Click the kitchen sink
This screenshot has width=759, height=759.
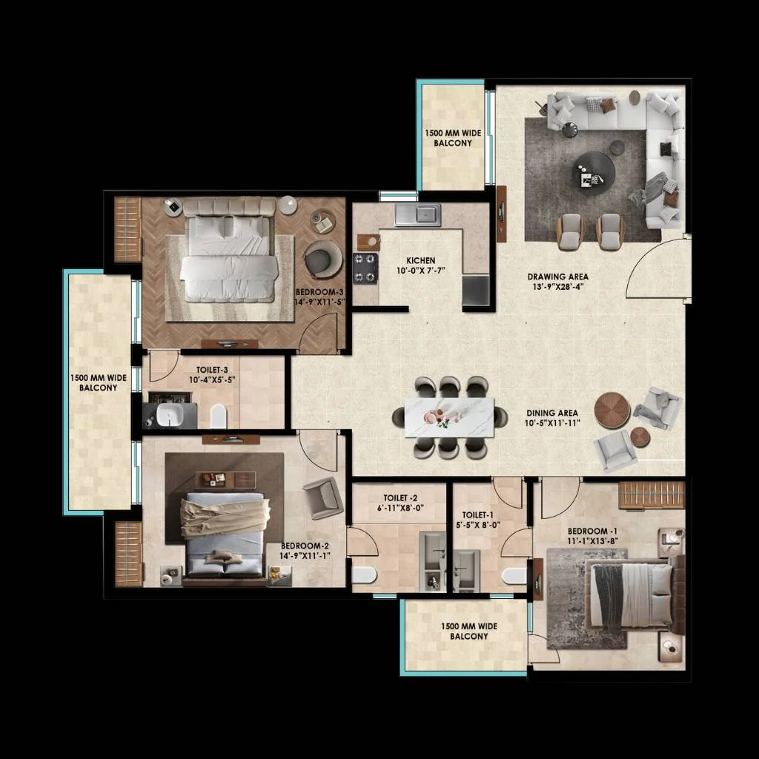[417, 215]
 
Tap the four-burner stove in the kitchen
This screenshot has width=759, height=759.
[365, 268]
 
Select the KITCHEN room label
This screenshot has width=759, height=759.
[421, 260]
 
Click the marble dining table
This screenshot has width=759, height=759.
[449, 417]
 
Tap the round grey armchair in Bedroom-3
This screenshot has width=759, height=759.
[322, 259]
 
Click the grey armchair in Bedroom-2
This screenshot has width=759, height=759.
[323, 497]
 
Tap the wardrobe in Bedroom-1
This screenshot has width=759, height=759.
[652, 494]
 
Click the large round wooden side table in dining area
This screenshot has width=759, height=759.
[612, 410]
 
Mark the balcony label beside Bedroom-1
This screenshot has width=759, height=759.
[468, 631]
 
